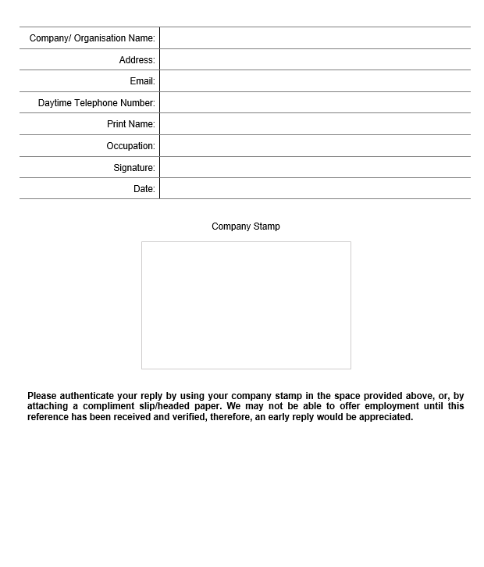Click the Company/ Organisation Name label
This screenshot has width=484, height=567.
[x=92, y=38]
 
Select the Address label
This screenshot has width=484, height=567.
[x=137, y=60]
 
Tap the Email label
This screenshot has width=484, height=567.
[x=142, y=81]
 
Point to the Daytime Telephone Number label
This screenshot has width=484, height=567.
[x=97, y=103]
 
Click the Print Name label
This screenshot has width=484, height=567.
[x=130, y=124]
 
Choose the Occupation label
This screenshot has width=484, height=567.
[x=130, y=146]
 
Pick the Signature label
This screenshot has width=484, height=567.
[x=133, y=168]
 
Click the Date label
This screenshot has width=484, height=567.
[x=144, y=189]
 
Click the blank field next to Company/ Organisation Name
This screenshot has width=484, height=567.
[x=315, y=38]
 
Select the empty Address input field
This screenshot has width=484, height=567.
[x=315, y=60]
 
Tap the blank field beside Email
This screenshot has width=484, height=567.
[x=315, y=81]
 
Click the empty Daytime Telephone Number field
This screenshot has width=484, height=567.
[x=315, y=103]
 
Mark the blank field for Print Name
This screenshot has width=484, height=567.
[x=315, y=124]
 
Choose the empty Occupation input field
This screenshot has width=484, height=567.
[x=315, y=146]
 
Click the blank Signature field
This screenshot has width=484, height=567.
[x=315, y=168]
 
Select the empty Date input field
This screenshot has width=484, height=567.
[x=315, y=189]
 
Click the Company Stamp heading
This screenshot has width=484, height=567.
[x=246, y=226]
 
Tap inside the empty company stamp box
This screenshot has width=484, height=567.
[x=246, y=305]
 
